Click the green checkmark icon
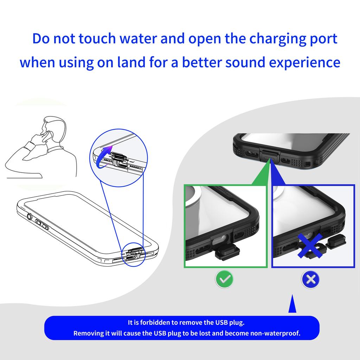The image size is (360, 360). tap(224, 279)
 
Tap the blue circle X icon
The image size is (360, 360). tap(310, 279)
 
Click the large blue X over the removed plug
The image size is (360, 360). tap(311, 246)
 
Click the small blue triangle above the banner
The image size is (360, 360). tap(292, 306)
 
